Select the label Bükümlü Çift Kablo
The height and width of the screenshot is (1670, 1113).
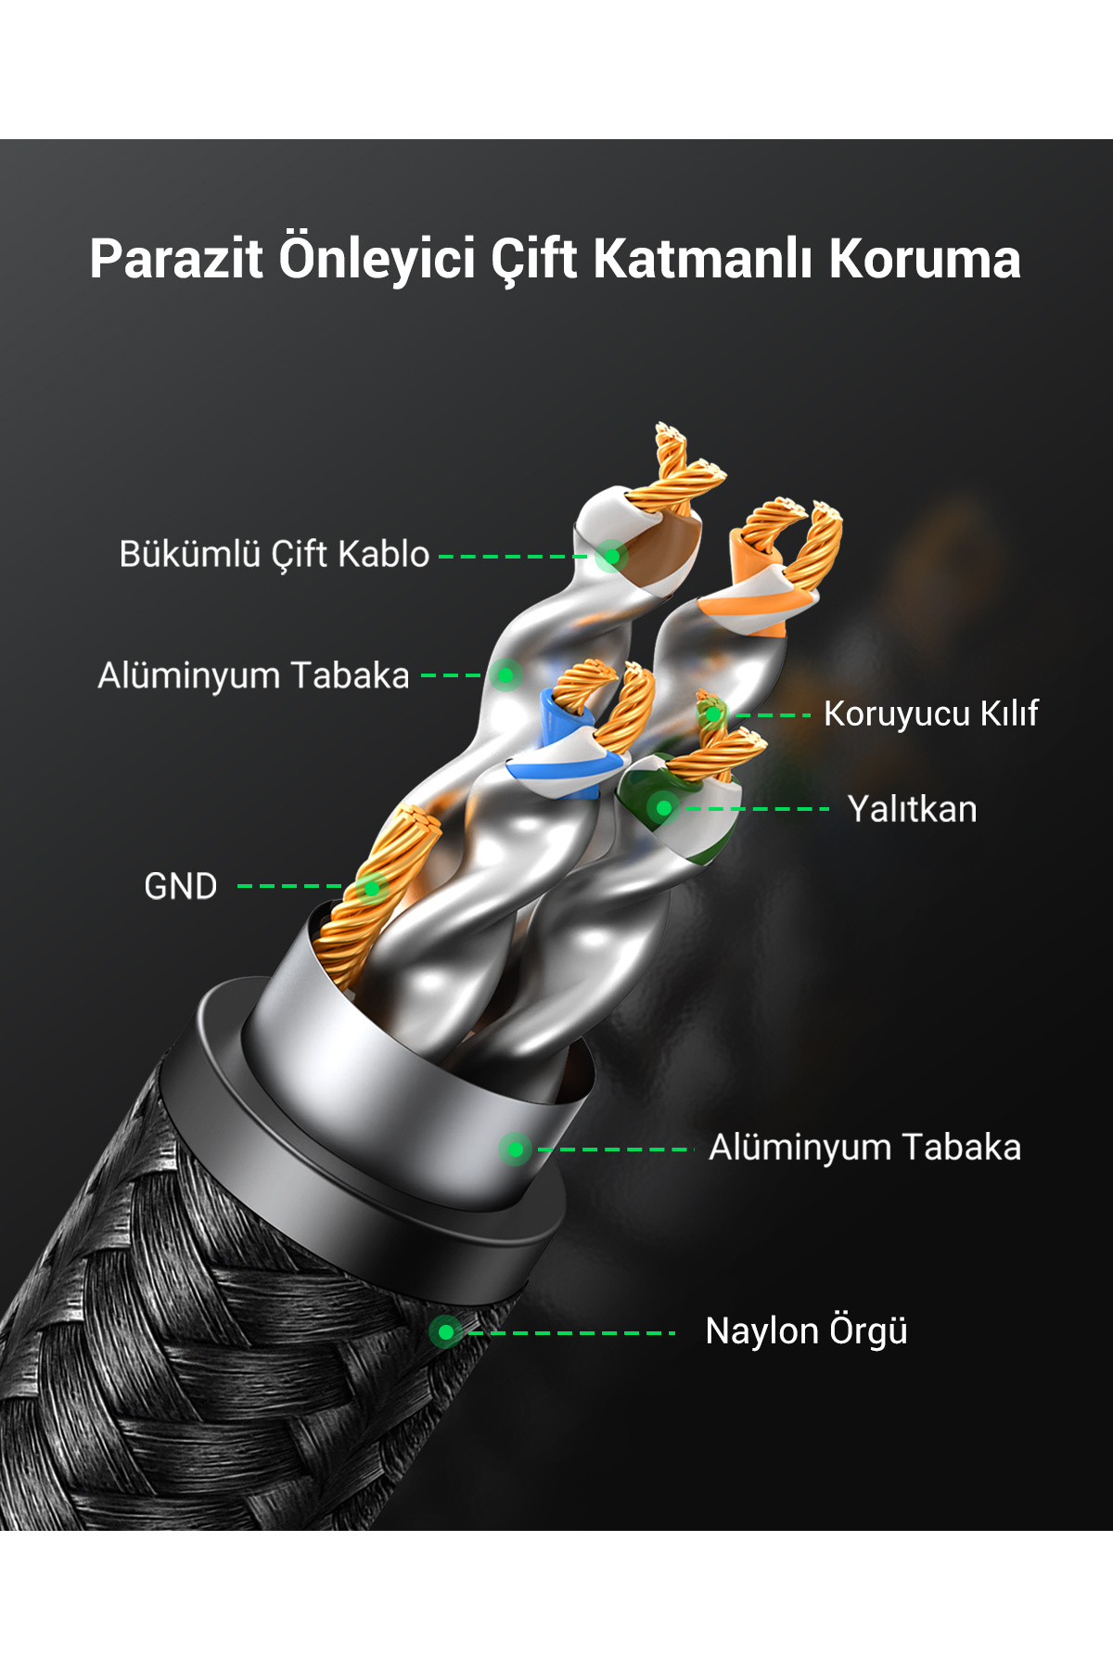[275, 554]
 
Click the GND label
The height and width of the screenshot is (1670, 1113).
[181, 886]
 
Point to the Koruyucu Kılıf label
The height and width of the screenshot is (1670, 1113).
[930, 713]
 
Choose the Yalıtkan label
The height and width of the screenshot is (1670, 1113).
[912, 809]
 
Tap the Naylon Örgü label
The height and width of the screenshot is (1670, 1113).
[806, 1331]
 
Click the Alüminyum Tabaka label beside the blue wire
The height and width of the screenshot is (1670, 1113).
[253, 675]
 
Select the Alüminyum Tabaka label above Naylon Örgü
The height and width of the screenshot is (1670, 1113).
[864, 1148]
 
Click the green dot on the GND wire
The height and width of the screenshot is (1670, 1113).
[372, 888]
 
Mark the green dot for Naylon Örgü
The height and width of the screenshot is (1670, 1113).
[446, 1332]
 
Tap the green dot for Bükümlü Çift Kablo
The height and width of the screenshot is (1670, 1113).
[611, 557]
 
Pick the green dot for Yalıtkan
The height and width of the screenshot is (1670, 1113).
[663, 808]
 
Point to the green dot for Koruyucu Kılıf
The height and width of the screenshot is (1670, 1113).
[712, 714]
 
